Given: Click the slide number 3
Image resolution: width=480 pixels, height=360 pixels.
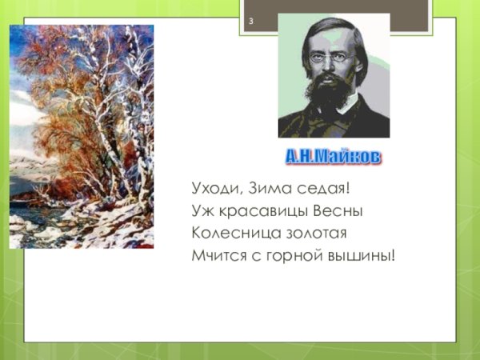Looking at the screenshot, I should pos(250,22).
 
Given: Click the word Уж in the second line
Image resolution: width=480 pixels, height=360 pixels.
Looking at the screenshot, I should pos(201,211).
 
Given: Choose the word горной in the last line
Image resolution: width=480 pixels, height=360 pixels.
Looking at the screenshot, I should pos(294,256).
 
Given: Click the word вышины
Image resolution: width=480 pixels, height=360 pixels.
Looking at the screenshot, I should pos(364,256).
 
